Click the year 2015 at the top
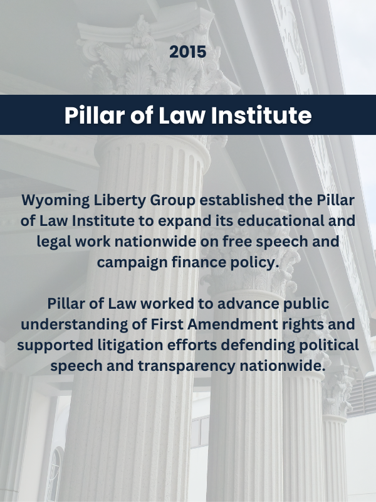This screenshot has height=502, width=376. coord(187,52)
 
